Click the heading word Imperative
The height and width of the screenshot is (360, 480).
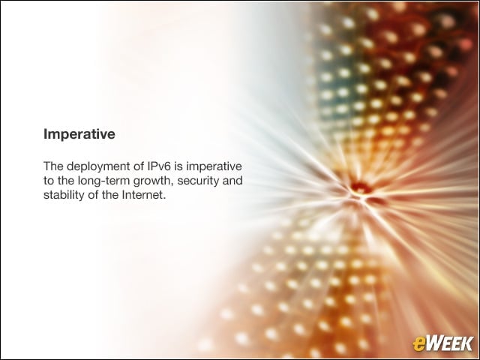click(x=79, y=134)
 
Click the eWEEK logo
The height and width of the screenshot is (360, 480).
click(x=442, y=343)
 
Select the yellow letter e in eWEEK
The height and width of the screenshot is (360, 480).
click(x=418, y=345)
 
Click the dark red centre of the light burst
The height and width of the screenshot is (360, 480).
click(x=361, y=186)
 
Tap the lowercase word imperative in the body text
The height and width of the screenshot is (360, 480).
click(x=214, y=166)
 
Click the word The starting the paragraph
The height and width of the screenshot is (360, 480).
click(x=53, y=166)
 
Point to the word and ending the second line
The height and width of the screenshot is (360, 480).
click(x=232, y=181)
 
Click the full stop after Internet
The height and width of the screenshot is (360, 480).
click(x=164, y=199)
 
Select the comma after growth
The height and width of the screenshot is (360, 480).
click(x=173, y=185)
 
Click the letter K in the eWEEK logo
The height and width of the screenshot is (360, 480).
click(x=466, y=343)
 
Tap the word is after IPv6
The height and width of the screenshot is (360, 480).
click(x=178, y=166)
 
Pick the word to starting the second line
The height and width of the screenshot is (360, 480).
click(x=49, y=181)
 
